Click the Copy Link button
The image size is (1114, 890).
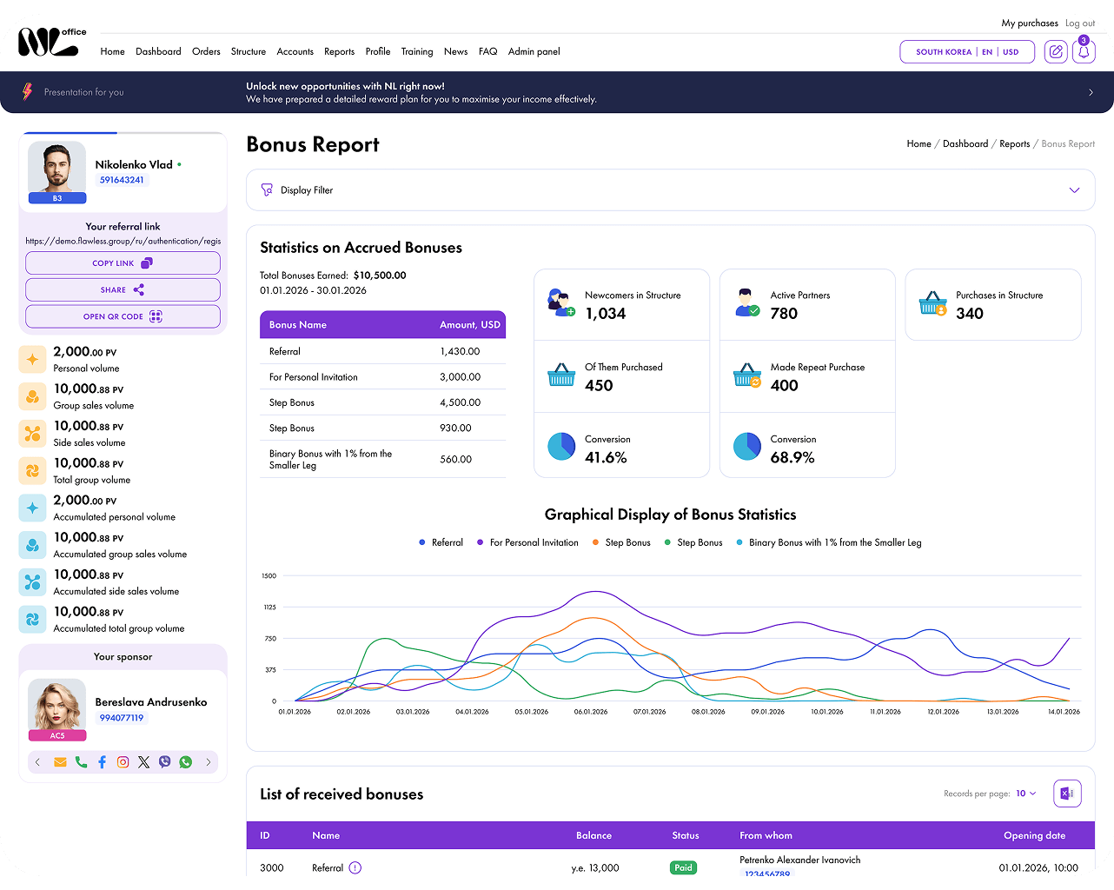pos(123,263)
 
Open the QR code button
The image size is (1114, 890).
pos(123,316)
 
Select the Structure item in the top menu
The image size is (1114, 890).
pos(248,51)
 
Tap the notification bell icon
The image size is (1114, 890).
pos(1084,51)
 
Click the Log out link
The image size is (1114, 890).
pos(1080,23)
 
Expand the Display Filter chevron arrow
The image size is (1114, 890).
pos(1074,190)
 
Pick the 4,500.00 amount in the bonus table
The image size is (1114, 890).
pos(460,402)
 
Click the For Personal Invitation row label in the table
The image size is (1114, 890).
pos(313,377)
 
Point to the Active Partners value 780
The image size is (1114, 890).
pos(784,313)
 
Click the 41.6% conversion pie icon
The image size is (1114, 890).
pos(561,446)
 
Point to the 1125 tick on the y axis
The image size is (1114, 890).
pos(269,607)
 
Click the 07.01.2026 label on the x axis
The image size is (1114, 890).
pos(649,711)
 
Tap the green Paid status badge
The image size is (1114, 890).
pos(683,867)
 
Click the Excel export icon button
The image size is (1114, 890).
pos(1067,794)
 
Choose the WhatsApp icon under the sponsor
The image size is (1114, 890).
pos(185,762)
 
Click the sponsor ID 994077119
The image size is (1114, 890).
pos(121,718)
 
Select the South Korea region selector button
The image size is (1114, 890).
pos(966,52)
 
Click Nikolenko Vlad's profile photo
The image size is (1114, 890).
pos(57,168)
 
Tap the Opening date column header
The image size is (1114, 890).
pos(1034,835)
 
